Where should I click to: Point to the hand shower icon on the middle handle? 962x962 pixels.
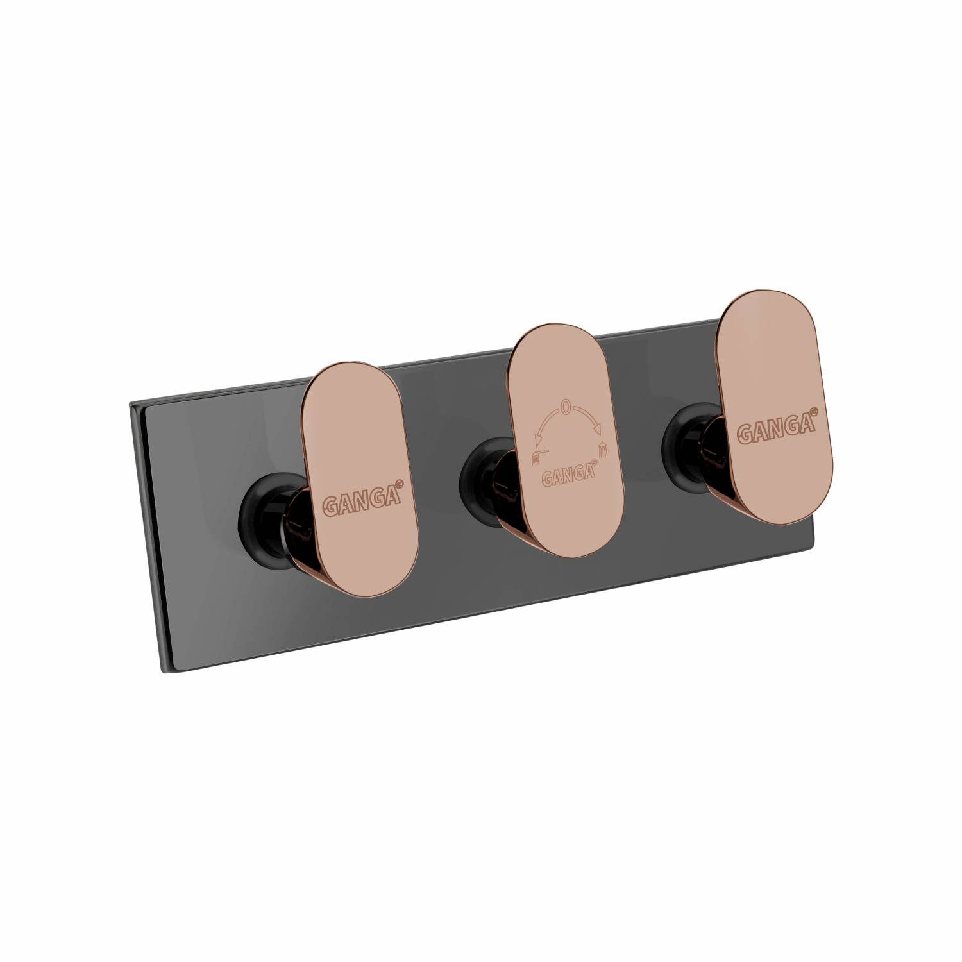pyautogui.click(x=540, y=457)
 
